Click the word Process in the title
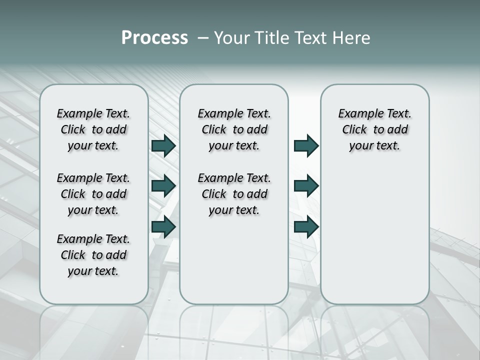154,38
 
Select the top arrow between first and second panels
163,146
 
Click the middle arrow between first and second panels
163,186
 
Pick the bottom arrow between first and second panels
163,226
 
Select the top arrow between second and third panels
306,146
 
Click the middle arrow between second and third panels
306,186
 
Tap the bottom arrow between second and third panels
306,226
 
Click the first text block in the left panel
93,129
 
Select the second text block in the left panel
93,194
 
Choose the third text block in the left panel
93,255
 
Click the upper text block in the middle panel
234,129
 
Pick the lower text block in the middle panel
234,194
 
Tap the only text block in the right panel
375,129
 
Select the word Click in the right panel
354,130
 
